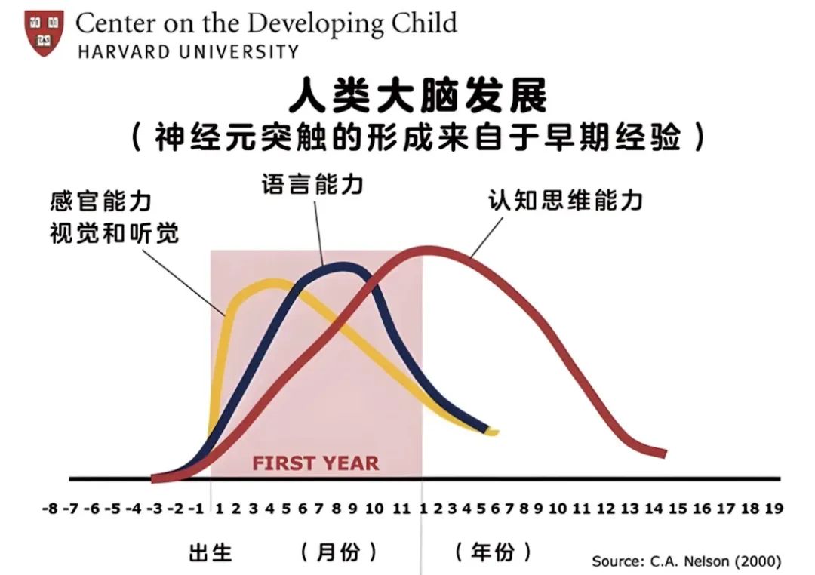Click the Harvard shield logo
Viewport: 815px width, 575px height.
coord(45,32)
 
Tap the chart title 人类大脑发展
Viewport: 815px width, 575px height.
coord(417,96)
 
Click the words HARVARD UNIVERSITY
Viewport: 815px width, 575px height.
coord(188,52)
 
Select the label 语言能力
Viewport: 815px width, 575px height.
coord(312,185)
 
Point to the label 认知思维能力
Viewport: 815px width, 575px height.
coord(565,200)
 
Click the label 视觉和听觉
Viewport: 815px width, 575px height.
coord(115,233)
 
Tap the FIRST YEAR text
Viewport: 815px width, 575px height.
coord(315,463)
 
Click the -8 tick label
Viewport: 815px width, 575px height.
coord(51,508)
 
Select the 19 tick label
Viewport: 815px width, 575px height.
coord(774,508)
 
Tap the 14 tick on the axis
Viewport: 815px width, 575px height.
coord(654,508)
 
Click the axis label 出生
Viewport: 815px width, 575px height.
coord(210,552)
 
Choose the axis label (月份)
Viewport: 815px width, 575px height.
coord(338,552)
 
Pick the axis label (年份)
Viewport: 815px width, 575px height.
coord(494,552)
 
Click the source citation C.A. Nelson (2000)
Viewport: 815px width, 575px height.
coord(715,561)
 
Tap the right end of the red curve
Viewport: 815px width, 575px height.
coord(665,454)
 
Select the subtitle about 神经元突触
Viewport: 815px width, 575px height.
coord(418,138)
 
